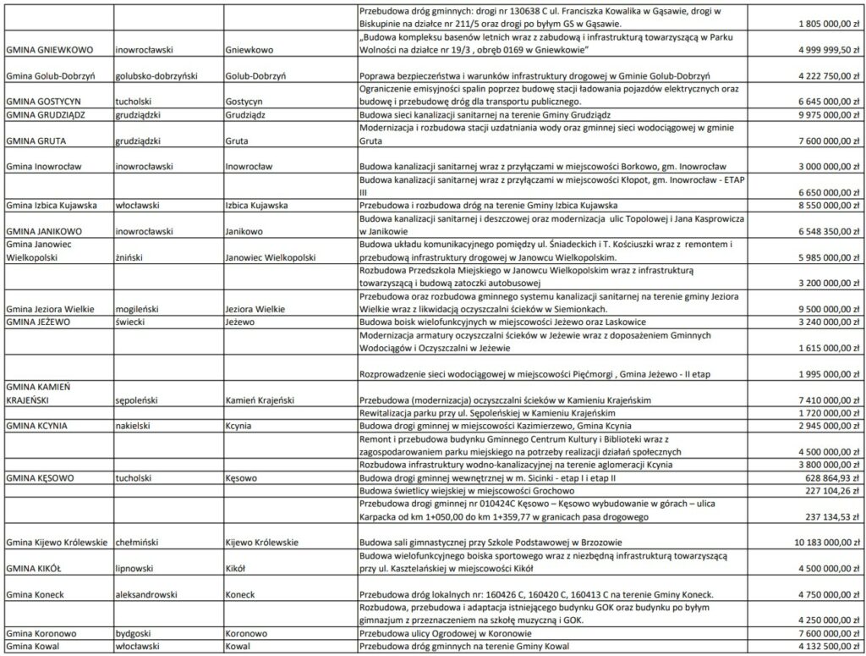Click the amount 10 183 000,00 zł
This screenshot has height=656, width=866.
827,540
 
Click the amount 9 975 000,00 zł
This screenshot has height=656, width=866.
827,113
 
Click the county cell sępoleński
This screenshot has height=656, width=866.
140,399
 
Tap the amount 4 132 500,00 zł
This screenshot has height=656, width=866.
827,646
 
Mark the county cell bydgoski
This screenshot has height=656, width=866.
135,633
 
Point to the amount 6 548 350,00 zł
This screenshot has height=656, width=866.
827,231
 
